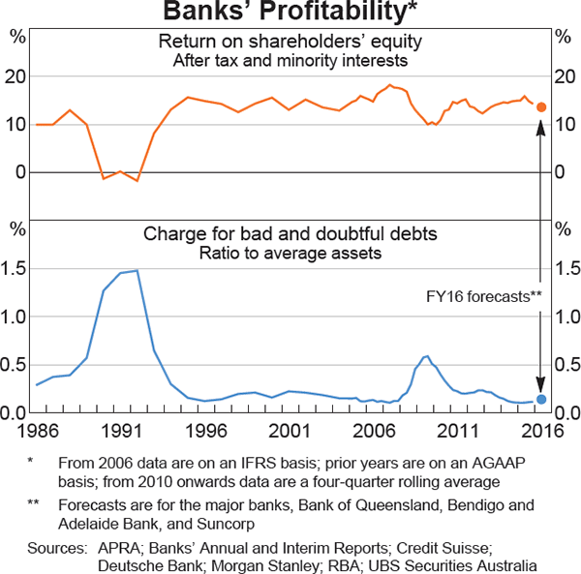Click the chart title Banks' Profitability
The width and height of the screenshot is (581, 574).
click(x=290, y=13)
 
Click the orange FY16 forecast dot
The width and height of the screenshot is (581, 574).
click(x=541, y=106)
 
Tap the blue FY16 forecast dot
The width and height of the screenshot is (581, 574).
click(x=541, y=399)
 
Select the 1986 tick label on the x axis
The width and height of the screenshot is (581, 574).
click(x=36, y=429)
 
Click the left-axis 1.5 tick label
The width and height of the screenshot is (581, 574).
click(x=18, y=269)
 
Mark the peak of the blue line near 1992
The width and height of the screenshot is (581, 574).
click(x=137, y=271)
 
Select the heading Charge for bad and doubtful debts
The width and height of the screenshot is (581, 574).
click(x=290, y=234)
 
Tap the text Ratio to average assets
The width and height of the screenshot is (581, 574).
click(x=290, y=254)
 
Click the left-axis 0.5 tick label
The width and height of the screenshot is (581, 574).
click(x=18, y=365)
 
